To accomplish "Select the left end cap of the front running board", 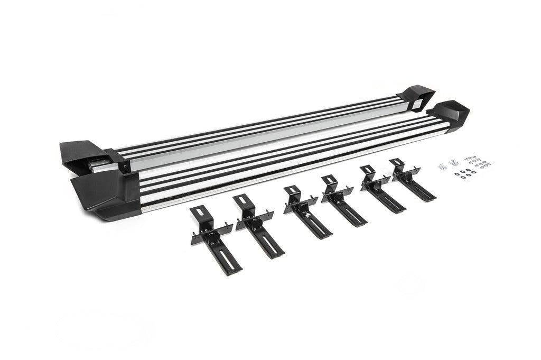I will pyautogui.click(x=103, y=193).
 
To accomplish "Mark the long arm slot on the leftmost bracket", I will pyautogui.click(x=225, y=258).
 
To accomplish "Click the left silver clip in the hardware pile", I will pyautogui.click(x=442, y=166).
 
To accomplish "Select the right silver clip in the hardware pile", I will pyautogui.click(x=453, y=163).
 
